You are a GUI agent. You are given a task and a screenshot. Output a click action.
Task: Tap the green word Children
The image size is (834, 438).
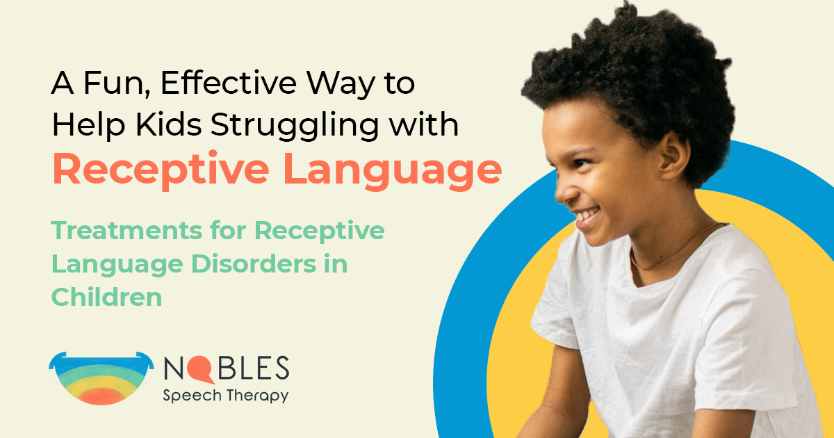[106, 297]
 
